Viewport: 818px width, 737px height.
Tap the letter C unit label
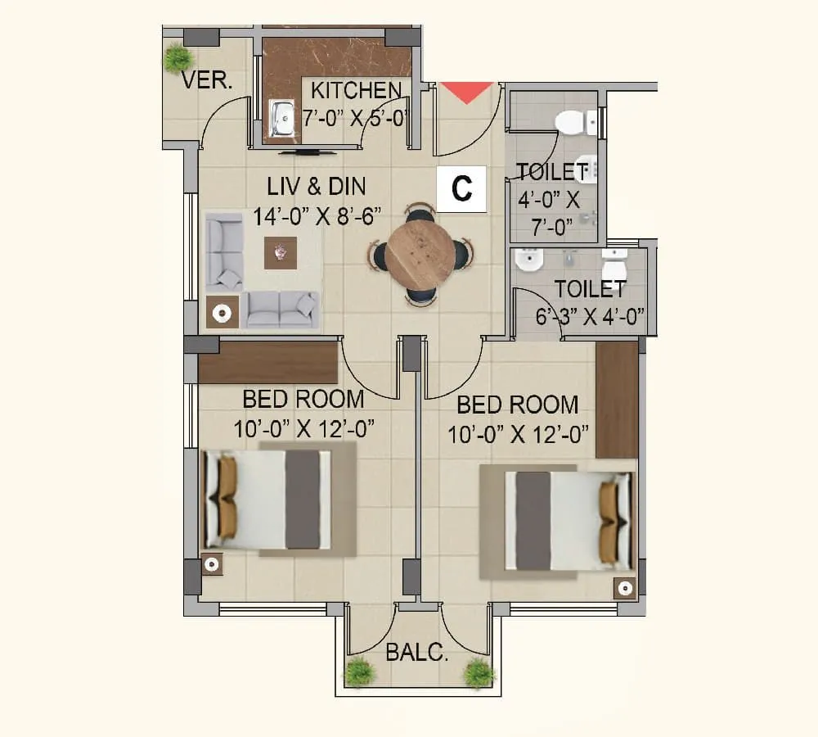(462, 188)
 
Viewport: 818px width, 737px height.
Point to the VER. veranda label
(207, 81)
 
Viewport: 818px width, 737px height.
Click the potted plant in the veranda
(177, 58)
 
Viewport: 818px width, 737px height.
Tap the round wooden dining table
(420, 254)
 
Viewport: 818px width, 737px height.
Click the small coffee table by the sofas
(281, 253)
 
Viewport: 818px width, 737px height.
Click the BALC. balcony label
(417, 653)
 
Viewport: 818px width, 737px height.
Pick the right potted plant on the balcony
(479, 672)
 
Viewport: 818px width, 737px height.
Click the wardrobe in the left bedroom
(268, 364)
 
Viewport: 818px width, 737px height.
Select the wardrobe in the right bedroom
(616, 400)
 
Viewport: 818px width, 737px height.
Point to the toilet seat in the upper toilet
(575, 122)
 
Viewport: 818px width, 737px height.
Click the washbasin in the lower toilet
(529, 262)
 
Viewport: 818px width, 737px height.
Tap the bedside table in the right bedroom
(626, 587)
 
